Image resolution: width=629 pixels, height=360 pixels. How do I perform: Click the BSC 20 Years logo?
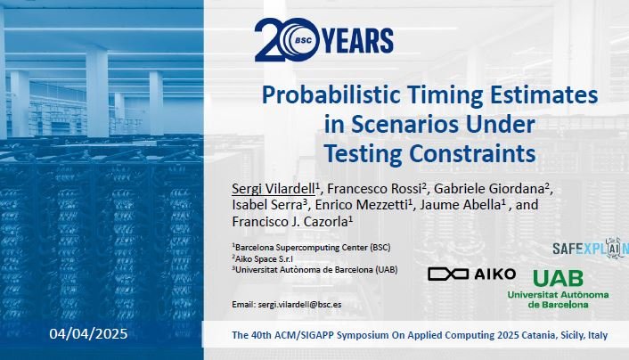tap(323, 40)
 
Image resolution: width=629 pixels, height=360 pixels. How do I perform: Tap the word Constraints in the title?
tap(472, 153)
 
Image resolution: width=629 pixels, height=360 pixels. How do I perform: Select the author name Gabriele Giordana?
tap(488, 189)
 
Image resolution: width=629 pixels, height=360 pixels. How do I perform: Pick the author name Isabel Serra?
tap(266, 205)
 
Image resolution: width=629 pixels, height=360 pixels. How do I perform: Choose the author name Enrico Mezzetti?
tap(361, 205)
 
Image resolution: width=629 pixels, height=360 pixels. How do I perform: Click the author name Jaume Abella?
tap(460, 205)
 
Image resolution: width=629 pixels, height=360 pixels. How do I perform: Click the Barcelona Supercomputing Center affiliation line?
tap(311, 247)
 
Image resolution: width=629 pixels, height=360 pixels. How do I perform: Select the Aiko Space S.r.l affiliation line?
tap(262, 259)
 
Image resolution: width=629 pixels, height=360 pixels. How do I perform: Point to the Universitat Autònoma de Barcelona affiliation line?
tap(314, 270)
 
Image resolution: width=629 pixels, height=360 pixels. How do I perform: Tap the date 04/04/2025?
tap(89, 333)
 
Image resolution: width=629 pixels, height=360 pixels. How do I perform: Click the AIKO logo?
tap(472, 274)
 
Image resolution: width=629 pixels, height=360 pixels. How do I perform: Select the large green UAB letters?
tap(558, 278)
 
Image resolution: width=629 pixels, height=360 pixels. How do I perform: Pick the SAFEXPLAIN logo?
tap(591, 248)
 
